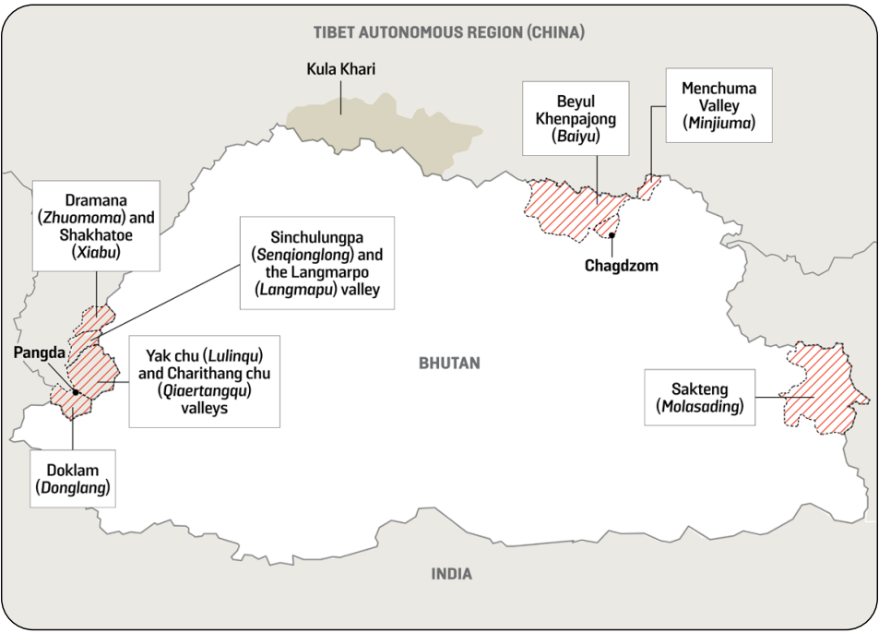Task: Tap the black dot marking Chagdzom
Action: (x=612, y=235)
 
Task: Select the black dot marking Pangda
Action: (x=76, y=392)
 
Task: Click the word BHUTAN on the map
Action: (x=449, y=364)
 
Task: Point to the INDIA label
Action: (x=451, y=574)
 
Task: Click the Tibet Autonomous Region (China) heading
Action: (x=448, y=32)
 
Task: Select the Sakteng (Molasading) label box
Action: (x=699, y=398)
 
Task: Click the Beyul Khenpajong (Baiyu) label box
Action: (x=575, y=118)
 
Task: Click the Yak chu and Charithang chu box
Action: (x=204, y=381)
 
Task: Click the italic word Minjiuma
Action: (x=719, y=122)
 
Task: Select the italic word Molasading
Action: (x=699, y=406)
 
